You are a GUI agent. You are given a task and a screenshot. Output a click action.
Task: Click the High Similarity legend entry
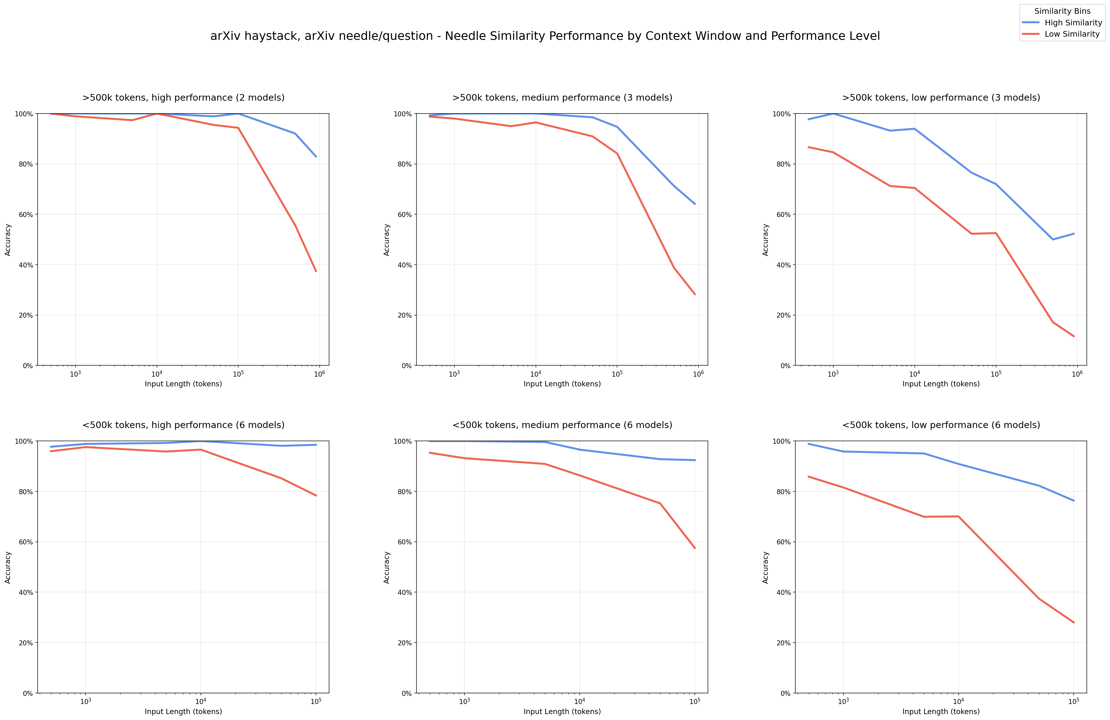coord(1073,22)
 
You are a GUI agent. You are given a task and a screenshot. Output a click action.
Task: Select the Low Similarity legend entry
coord(1072,34)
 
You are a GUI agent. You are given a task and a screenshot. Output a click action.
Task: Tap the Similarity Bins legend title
coord(1062,11)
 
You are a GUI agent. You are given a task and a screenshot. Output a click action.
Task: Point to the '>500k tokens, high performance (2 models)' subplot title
coord(183,98)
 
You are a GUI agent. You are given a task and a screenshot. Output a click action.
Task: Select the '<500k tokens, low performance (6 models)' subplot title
coord(941,425)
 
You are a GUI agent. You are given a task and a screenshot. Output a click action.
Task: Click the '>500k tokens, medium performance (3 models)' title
coord(562,98)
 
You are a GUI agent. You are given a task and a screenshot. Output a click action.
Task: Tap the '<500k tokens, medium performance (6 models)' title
coord(562,425)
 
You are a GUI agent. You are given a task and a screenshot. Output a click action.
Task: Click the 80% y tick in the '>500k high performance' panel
coord(25,164)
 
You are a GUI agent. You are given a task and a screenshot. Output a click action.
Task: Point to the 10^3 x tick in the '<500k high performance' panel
coord(85,701)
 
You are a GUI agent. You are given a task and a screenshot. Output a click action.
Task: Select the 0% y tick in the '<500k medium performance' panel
coord(406,693)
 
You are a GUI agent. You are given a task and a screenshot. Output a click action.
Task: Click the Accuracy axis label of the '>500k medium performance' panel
coord(387,239)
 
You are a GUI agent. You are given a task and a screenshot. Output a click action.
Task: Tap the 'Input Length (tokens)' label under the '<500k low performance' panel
coord(941,712)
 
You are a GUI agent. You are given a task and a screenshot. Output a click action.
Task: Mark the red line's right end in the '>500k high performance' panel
coord(316,271)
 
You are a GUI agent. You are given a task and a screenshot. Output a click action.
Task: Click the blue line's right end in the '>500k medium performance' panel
coord(695,204)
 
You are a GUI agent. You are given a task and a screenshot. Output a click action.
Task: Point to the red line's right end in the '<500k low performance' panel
coord(1074,622)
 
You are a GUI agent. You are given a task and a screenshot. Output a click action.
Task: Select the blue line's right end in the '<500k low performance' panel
coord(1074,501)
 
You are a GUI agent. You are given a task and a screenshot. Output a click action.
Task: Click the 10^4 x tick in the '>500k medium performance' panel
coord(535,374)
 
